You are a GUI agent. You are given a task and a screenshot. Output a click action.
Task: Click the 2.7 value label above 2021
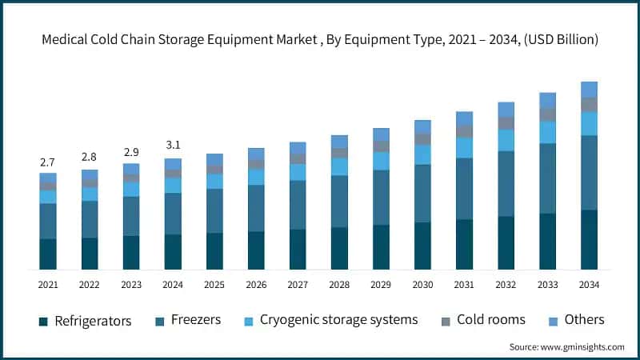(48, 162)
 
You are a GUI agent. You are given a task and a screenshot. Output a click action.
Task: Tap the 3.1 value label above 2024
(173, 145)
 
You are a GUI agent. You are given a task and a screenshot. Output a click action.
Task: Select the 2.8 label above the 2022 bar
(90, 157)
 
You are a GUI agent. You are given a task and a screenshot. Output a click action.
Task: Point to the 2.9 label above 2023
(131, 152)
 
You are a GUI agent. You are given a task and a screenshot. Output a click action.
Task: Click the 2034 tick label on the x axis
(589, 284)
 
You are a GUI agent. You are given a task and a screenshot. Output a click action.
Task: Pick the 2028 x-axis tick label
(339, 284)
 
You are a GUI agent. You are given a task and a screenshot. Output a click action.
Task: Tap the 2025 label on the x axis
(214, 284)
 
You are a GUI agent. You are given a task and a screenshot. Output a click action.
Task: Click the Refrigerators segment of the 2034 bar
(589, 239)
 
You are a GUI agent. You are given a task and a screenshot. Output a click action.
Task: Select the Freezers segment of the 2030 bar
(422, 194)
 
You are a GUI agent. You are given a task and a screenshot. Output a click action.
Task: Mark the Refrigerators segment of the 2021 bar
(48, 254)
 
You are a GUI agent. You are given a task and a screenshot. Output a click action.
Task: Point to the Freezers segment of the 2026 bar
(256, 209)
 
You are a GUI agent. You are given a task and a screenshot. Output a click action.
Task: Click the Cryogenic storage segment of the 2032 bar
(506, 140)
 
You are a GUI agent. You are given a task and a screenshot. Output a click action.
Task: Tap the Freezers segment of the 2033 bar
(547, 178)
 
